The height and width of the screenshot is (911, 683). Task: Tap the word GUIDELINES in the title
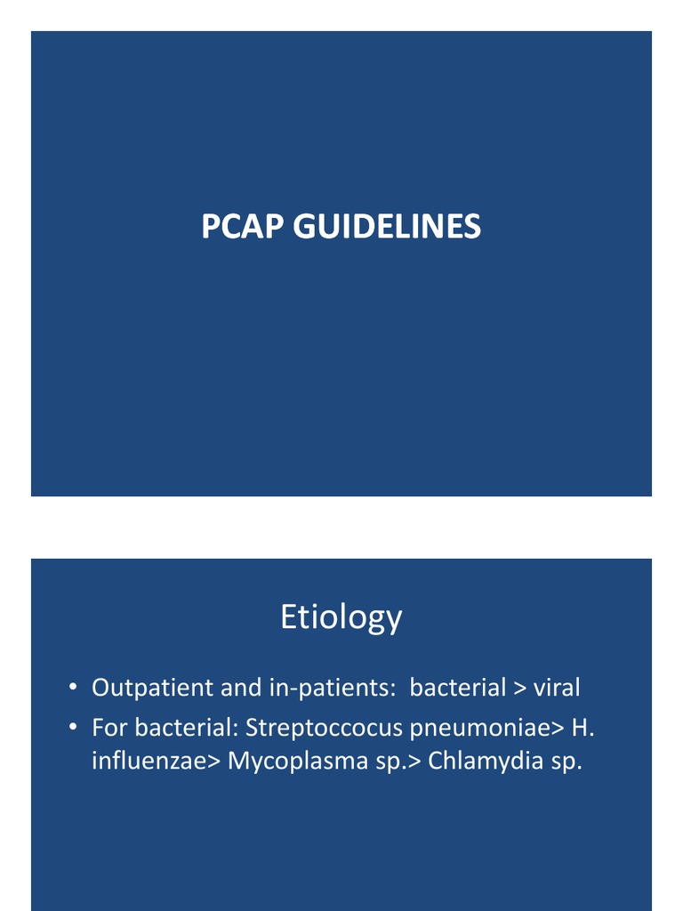(388, 227)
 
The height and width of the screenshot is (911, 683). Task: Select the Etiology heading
(341, 617)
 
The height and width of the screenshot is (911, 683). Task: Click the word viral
(556, 688)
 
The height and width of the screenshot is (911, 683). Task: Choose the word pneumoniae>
(487, 729)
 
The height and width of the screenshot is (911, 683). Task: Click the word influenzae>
(157, 762)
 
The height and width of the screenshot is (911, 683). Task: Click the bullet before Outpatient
(74, 689)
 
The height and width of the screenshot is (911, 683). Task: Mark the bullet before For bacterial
(74, 729)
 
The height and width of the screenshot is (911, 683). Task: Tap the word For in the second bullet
(108, 728)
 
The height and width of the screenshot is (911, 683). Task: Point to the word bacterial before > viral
(457, 688)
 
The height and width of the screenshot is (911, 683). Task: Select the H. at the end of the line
(583, 728)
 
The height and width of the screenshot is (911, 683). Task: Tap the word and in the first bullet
(237, 688)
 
